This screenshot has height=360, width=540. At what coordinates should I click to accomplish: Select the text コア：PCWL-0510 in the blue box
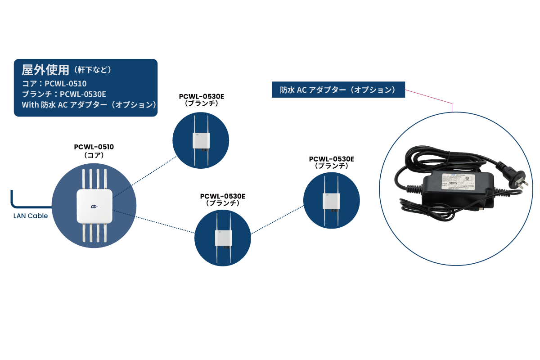pos(54,83)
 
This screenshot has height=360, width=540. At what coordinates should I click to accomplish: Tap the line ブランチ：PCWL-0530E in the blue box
pos(64,94)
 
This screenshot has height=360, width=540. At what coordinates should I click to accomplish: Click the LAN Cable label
pos(31,216)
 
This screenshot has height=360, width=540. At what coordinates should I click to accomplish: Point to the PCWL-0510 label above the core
pos(94,147)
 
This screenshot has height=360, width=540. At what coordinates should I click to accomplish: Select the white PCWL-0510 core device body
pos(94,206)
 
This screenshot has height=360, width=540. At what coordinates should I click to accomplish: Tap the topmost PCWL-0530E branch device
pos(201,140)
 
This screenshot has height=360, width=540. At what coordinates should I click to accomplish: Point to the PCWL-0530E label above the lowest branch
pos(223,196)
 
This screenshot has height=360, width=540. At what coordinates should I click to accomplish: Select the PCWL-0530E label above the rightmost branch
pos(332,159)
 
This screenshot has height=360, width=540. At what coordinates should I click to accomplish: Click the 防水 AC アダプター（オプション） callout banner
pos(338,90)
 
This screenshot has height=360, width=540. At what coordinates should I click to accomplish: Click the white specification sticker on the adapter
pos(457,183)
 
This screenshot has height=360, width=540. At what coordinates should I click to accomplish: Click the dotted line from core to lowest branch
pos(153,221)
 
